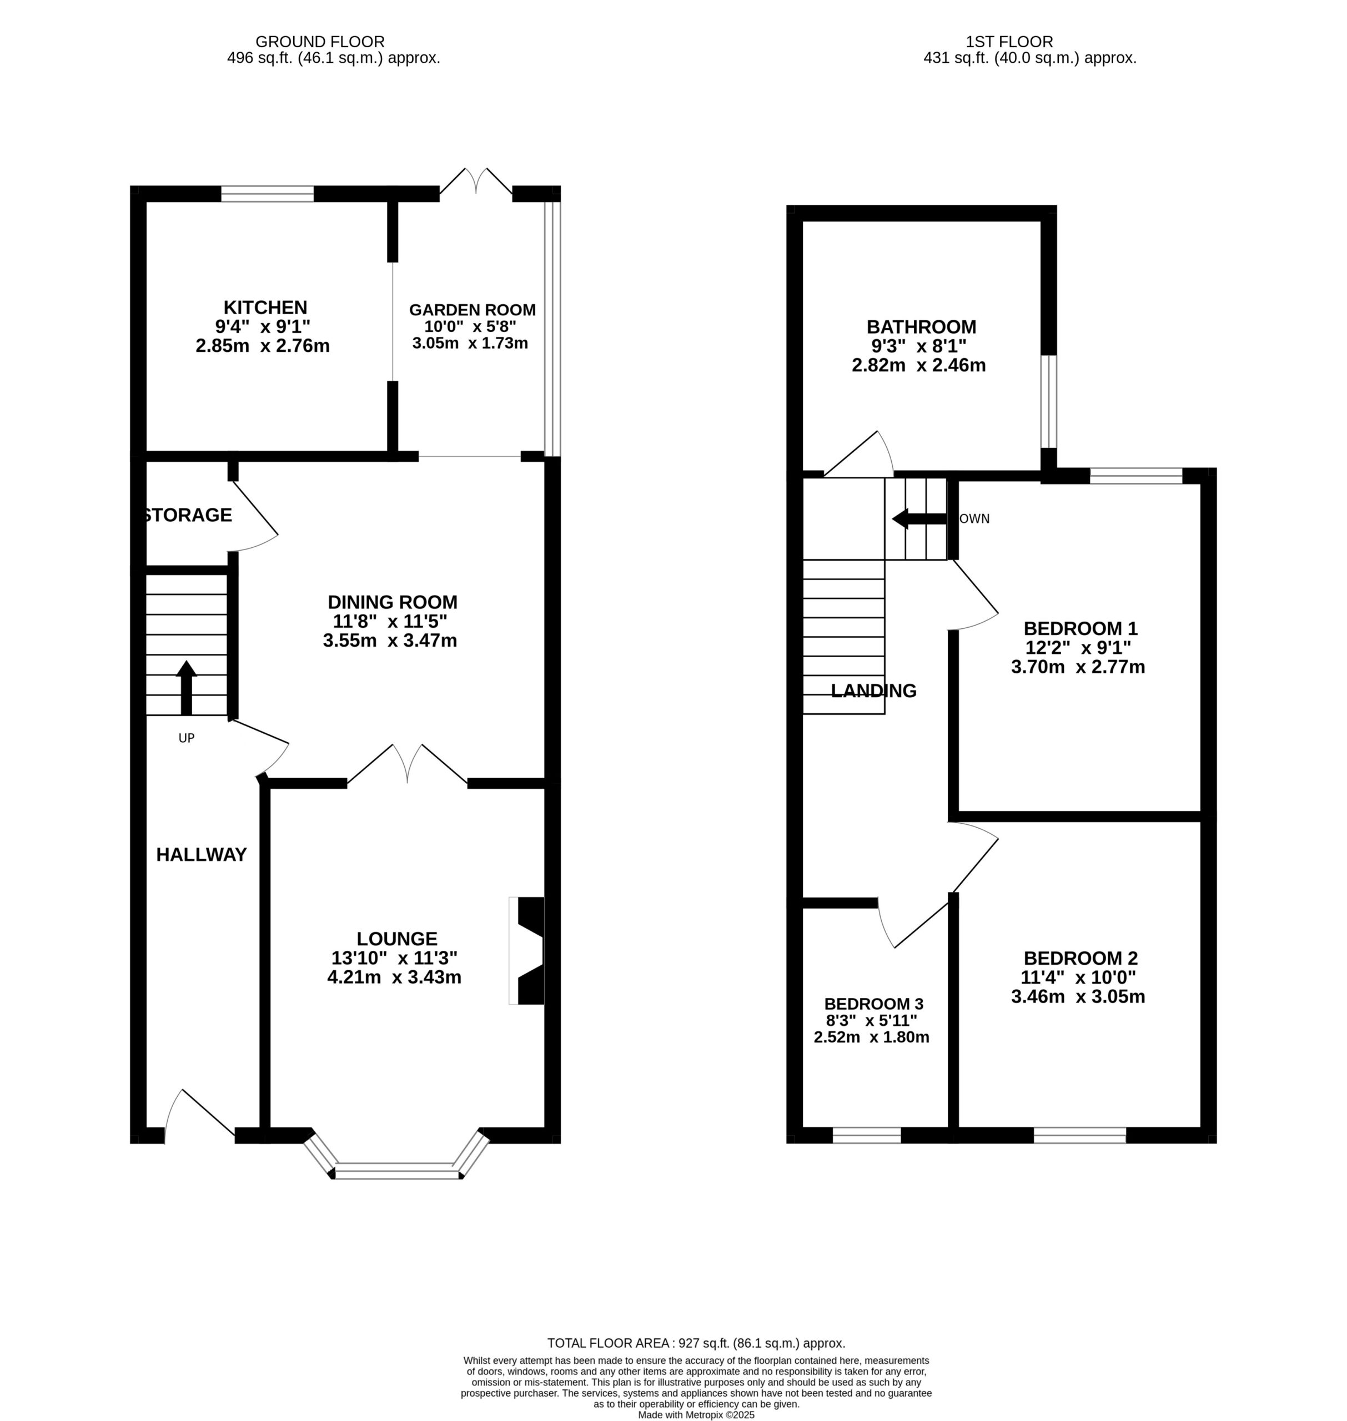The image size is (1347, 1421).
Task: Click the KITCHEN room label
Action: click(x=265, y=307)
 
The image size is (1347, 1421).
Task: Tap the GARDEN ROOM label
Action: click(x=473, y=310)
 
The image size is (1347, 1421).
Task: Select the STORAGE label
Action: click(x=188, y=515)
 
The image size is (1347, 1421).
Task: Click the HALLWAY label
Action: click(x=202, y=854)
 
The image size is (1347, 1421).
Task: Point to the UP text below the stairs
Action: click(x=187, y=738)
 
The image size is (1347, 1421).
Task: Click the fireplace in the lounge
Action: click(x=527, y=951)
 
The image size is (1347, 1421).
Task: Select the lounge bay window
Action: click(x=396, y=1156)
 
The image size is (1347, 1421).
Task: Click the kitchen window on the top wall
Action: click(x=267, y=194)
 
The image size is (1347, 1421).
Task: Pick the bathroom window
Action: click(x=1049, y=402)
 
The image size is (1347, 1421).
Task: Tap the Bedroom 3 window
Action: click(x=867, y=1135)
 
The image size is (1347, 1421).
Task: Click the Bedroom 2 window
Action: click(x=1080, y=1135)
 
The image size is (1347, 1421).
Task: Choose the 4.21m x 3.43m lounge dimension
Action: click(x=394, y=977)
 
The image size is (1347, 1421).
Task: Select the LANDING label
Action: click(x=874, y=691)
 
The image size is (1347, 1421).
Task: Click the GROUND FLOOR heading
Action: click(x=320, y=42)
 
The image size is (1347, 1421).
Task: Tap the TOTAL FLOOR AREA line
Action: click(x=696, y=1343)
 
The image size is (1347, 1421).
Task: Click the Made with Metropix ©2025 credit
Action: click(x=696, y=1415)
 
